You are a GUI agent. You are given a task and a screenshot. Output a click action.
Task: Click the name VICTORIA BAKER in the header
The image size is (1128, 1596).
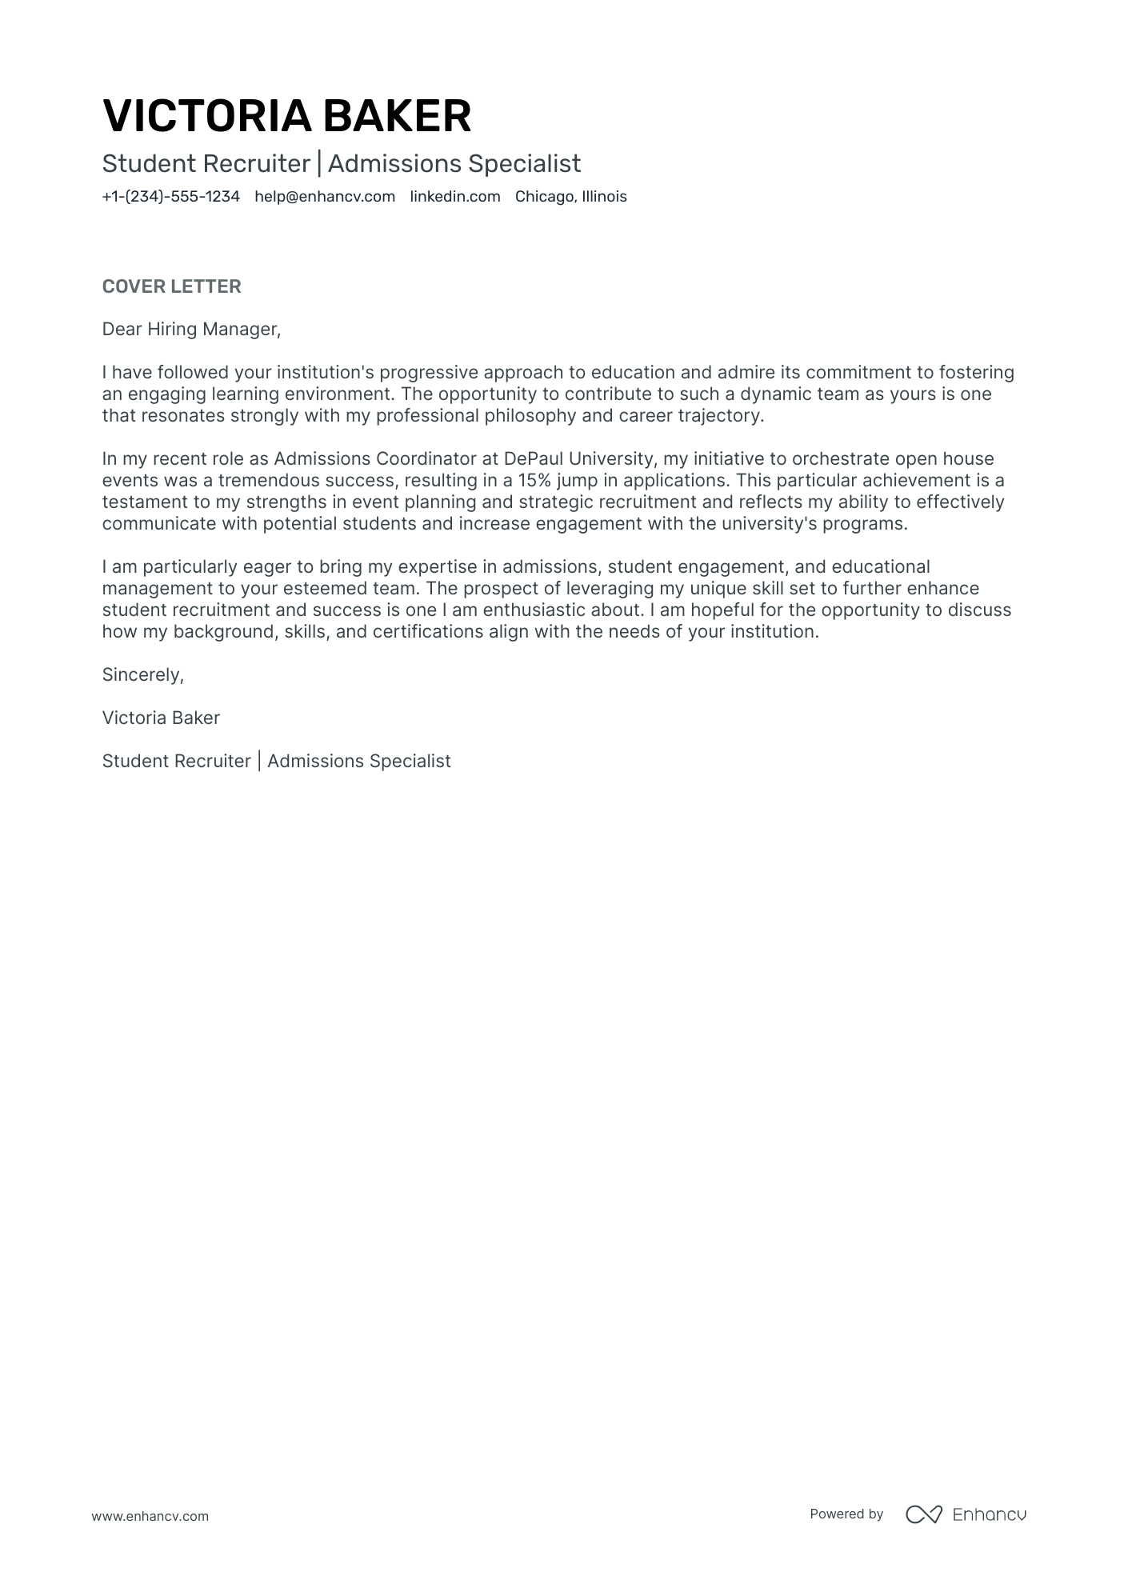(286, 116)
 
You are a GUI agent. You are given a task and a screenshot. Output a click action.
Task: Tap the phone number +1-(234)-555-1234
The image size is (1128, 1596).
(170, 197)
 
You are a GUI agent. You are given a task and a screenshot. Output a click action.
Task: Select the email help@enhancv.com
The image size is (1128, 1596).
(325, 197)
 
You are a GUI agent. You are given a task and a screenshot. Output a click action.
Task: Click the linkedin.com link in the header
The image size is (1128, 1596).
(455, 197)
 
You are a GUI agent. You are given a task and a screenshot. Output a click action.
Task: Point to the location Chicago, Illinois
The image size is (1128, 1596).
(570, 197)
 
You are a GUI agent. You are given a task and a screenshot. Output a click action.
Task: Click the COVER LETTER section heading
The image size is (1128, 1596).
(171, 286)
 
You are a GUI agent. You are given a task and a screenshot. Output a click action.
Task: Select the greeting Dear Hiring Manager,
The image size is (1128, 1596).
(191, 329)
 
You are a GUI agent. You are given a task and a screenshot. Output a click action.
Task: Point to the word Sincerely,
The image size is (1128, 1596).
(142, 674)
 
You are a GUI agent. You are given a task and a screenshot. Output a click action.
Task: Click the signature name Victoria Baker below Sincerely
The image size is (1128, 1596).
(161, 718)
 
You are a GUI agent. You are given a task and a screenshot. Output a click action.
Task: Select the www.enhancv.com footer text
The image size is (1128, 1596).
(150, 1516)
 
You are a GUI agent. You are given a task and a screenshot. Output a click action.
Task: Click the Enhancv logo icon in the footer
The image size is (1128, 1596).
(923, 1514)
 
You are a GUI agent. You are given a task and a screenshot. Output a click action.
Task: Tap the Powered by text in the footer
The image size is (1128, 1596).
(846, 1514)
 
